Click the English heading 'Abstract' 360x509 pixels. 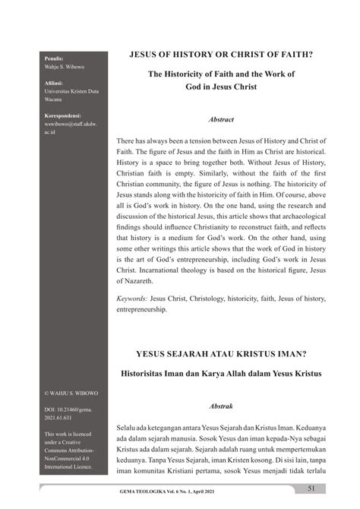tap(220, 120)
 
